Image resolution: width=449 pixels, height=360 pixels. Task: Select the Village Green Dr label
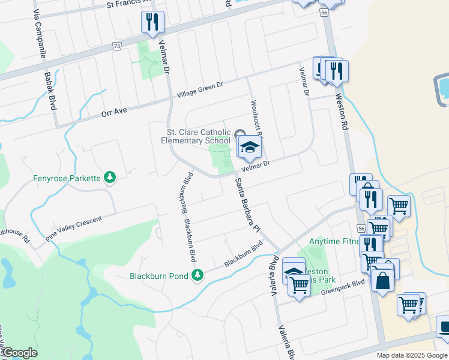(x=199, y=89)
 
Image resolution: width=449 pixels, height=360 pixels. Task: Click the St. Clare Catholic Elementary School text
(x=195, y=136)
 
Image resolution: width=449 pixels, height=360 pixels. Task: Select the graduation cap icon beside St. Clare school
(x=250, y=146)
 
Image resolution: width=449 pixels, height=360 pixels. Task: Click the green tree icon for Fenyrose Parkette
(x=109, y=176)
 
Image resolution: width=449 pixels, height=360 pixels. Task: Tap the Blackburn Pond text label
(x=159, y=276)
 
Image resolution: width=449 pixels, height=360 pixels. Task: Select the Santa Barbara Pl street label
(x=247, y=205)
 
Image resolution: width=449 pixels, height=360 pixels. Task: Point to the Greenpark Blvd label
(x=343, y=286)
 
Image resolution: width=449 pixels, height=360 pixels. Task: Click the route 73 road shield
(x=116, y=46)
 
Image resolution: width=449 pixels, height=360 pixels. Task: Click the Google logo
(x=19, y=353)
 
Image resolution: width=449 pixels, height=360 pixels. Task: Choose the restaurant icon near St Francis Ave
(x=151, y=22)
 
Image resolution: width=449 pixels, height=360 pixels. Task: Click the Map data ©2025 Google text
(x=412, y=355)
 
